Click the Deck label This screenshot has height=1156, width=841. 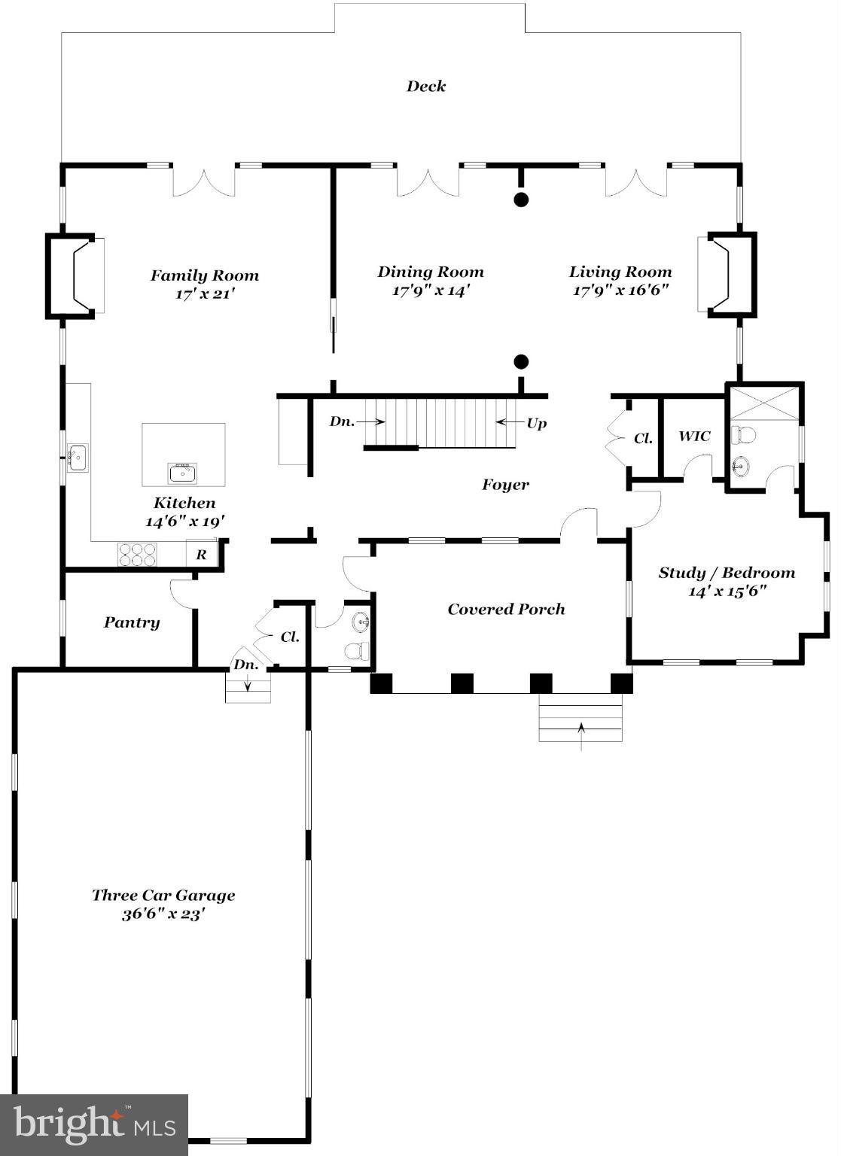[426, 86]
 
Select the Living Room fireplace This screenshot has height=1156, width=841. [727, 274]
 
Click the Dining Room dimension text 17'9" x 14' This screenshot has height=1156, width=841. [431, 291]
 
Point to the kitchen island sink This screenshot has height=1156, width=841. [182, 473]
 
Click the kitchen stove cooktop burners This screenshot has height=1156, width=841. [137, 555]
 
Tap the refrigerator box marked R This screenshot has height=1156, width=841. [202, 555]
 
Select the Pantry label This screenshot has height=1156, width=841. [132, 622]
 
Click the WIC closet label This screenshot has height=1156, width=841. [693, 437]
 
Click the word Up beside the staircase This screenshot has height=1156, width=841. [536, 423]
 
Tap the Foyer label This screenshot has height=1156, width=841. [505, 485]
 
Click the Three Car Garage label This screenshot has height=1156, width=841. [163, 896]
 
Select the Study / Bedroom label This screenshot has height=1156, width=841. [727, 573]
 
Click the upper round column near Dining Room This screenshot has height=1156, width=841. [520, 199]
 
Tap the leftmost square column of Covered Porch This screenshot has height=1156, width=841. [382, 683]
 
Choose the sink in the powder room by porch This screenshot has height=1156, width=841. [361, 621]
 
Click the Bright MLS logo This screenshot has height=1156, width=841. [94, 1124]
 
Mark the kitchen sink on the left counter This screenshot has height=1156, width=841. [77, 458]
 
